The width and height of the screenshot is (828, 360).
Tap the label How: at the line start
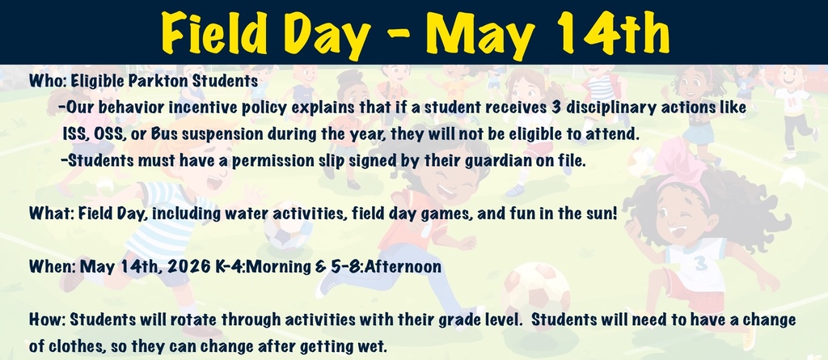(x=45, y=319)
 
